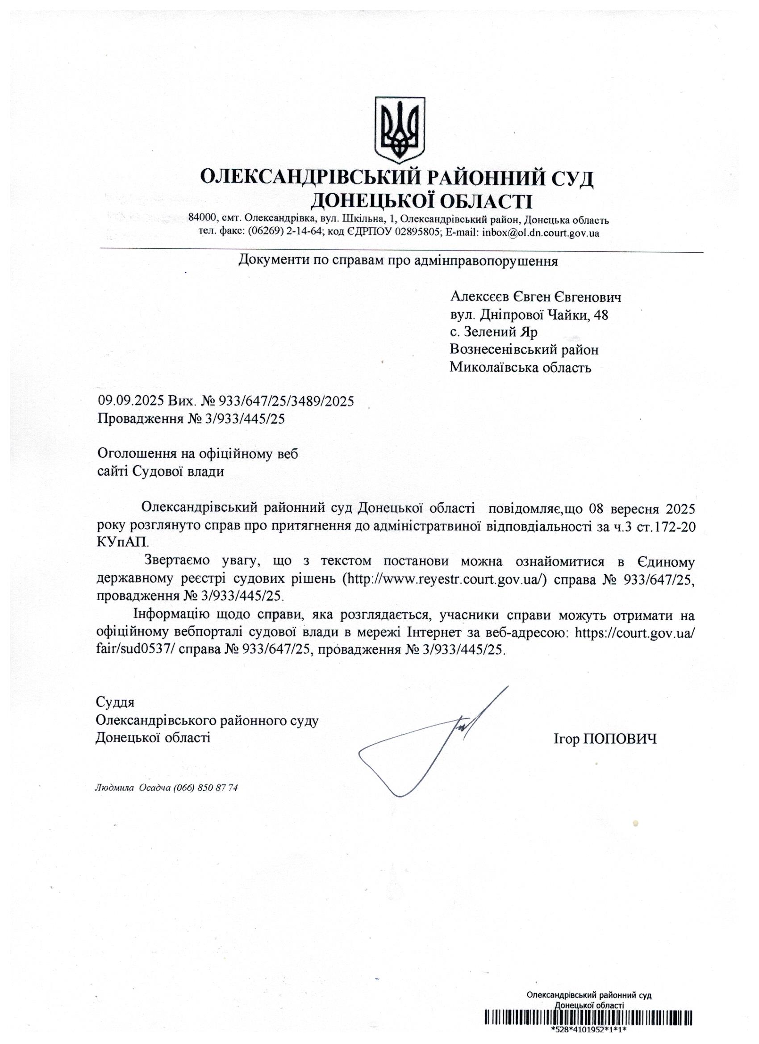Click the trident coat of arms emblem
click(x=399, y=129)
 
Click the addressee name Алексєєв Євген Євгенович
click(x=536, y=297)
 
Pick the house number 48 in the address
click(x=601, y=315)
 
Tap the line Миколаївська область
click(x=520, y=368)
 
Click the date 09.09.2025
click(x=130, y=401)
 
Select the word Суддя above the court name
click(x=115, y=702)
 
